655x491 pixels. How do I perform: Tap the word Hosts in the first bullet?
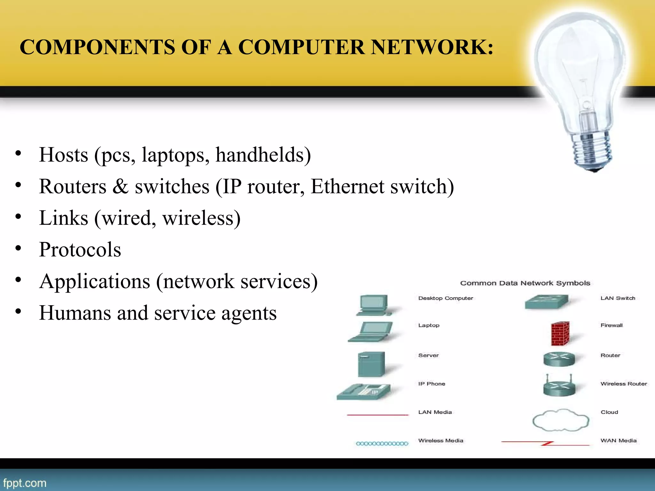[x=63, y=155]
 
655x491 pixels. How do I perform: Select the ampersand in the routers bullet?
[x=120, y=187]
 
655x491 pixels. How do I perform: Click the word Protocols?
[x=80, y=250]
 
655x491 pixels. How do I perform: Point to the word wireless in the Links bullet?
[x=201, y=218]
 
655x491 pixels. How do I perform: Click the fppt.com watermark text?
[x=25, y=483]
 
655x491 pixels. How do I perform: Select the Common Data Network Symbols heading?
[x=525, y=283]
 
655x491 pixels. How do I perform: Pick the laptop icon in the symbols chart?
[x=371, y=332]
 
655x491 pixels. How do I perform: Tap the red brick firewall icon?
[x=560, y=333]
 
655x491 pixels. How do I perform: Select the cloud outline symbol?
[x=560, y=420]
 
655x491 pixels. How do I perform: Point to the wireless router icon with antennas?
[x=559, y=386]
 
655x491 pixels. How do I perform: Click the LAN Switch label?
[x=618, y=298]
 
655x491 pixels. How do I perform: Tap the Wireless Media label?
[x=440, y=440]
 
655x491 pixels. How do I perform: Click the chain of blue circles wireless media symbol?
[x=382, y=443]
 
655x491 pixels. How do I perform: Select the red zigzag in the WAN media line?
[x=547, y=443]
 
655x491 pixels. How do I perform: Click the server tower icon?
[x=371, y=364]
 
